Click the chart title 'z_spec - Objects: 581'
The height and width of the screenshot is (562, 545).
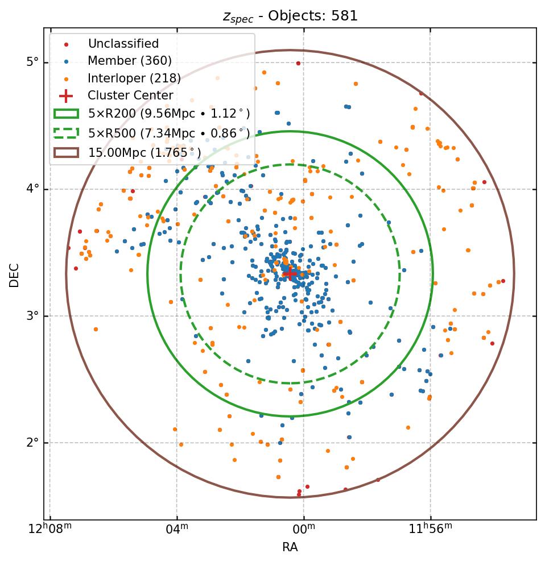(x=290, y=16)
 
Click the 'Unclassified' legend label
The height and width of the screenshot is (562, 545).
(x=123, y=44)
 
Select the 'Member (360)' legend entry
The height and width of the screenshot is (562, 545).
(x=129, y=61)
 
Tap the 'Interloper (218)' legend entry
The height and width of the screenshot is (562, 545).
(x=134, y=78)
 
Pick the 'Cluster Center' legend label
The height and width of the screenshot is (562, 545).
(x=130, y=95)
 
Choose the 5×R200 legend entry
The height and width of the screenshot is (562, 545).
(x=168, y=114)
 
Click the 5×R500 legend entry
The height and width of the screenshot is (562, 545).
(x=168, y=134)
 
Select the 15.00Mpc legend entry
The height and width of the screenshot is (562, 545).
(x=144, y=152)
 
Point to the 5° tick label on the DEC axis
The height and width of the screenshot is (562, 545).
(x=32, y=62)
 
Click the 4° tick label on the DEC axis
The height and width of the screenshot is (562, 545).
(x=32, y=189)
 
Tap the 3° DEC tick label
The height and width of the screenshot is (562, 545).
(x=32, y=316)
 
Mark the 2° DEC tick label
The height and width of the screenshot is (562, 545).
(x=32, y=443)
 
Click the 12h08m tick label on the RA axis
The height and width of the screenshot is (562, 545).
(x=51, y=530)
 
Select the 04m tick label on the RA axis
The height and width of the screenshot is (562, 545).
(x=177, y=530)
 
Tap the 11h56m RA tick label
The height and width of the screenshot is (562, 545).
(x=431, y=530)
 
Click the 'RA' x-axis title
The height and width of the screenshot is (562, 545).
(x=290, y=547)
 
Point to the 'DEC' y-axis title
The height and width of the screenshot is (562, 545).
(x=14, y=274)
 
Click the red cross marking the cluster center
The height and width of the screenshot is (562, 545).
(x=290, y=274)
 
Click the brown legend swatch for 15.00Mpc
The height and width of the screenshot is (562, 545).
(x=66, y=152)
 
